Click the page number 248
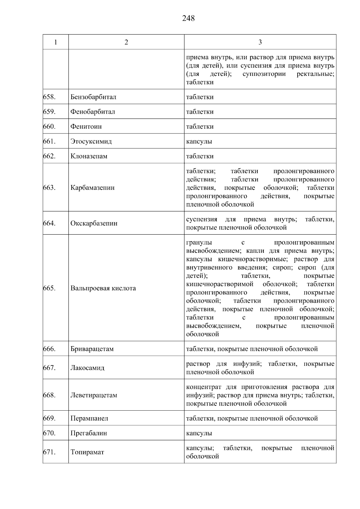pyautogui.click(x=188, y=19)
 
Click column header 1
pyautogui.click(x=56, y=42)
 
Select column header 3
pyautogui.click(x=260, y=42)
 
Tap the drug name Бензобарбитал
pyautogui.click(x=93, y=97)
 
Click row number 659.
pyautogui.click(x=49, y=112)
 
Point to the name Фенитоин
pyautogui.click(x=86, y=127)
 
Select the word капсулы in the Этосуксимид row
pyautogui.click(x=199, y=141)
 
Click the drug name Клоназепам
pyautogui.click(x=89, y=156)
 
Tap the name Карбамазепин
pyautogui.click(x=92, y=188)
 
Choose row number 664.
pyautogui.click(x=49, y=223)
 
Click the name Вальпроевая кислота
pyautogui.click(x=103, y=288)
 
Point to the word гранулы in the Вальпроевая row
pyautogui.click(x=199, y=243)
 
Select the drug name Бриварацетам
pyautogui.click(x=92, y=349)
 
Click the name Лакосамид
pyautogui.click(x=87, y=368)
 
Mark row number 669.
pyautogui.click(x=49, y=418)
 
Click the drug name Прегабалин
pyautogui.click(x=88, y=433)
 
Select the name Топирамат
pyautogui.click(x=87, y=452)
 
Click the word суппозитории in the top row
pyautogui.click(x=264, y=74)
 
